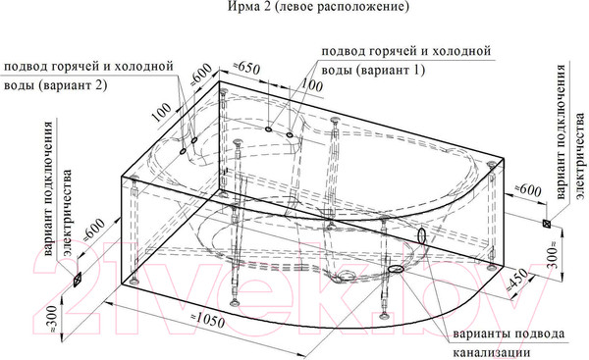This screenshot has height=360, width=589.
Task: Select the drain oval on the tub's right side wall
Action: (x=424, y=236)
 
